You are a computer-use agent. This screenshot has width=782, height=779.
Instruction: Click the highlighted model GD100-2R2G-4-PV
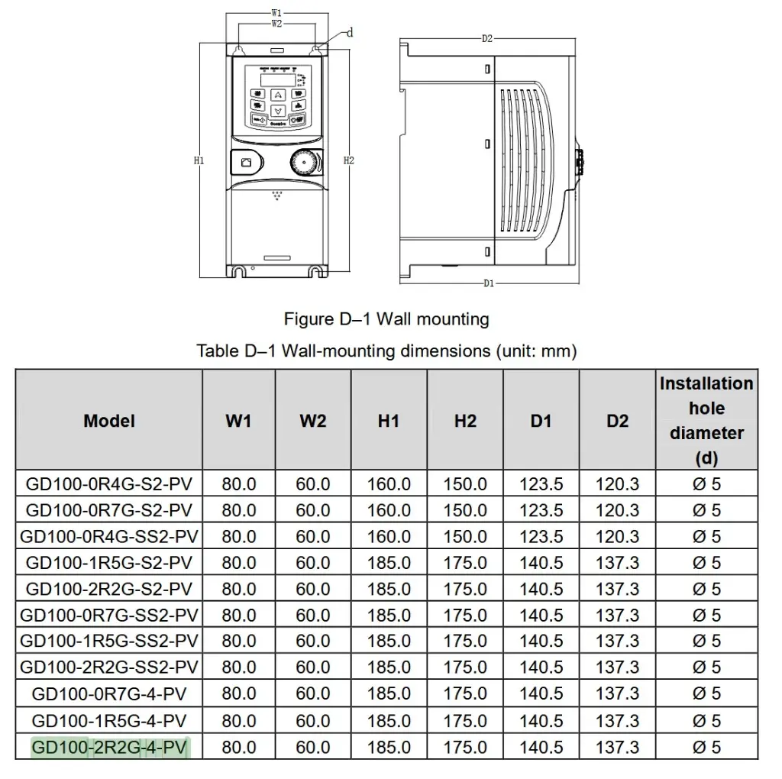(109, 747)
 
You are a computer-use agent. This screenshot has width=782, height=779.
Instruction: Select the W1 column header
(238, 421)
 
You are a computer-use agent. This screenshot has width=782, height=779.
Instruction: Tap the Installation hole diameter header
(706, 420)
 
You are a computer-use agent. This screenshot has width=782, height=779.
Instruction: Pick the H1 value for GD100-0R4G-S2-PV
(389, 483)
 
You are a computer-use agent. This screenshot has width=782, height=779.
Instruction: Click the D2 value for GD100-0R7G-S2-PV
(617, 510)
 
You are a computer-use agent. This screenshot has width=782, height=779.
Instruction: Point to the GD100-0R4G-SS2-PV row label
(109, 537)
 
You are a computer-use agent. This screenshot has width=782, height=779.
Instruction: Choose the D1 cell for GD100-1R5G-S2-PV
(541, 563)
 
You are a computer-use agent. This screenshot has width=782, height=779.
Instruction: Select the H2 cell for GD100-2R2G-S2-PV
(465, 589)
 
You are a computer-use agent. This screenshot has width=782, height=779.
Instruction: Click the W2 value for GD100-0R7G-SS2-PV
(313, 615)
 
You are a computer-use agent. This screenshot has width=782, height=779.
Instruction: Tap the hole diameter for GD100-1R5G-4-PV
(706, 721)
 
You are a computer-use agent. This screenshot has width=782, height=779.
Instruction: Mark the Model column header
(109, 421)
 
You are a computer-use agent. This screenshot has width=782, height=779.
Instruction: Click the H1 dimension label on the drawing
(199, 160)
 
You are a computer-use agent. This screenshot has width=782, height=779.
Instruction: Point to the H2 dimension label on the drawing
(348, 160)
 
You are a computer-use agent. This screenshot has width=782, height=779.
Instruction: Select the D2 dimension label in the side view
(487, 38)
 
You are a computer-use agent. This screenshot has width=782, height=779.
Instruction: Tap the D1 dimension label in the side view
(489, 283)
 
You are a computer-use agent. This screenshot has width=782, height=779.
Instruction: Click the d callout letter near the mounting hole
(350, 33)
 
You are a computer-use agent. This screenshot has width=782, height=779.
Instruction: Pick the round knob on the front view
(303, 162)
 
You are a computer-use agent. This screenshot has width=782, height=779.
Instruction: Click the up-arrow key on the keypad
(278, 95)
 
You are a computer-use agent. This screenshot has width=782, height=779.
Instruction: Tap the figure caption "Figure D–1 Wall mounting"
(386, 319)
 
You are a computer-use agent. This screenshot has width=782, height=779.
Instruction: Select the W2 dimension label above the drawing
(276, 24)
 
